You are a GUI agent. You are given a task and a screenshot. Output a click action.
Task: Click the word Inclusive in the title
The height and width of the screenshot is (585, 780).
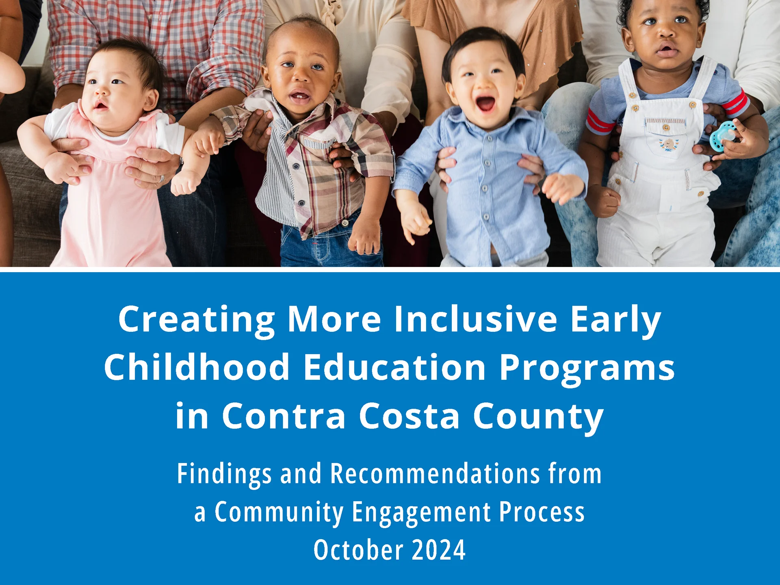475,319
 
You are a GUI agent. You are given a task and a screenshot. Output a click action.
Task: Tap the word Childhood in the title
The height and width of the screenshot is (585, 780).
197,367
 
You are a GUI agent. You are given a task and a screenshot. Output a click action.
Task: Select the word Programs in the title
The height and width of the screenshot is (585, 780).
587,368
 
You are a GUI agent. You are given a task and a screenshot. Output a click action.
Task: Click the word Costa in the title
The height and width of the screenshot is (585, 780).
409,416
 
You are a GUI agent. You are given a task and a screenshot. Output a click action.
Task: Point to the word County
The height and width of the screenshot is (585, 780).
538,417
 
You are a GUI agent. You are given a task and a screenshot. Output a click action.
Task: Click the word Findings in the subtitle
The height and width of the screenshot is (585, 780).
224,474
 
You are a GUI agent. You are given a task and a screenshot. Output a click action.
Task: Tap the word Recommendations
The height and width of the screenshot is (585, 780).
435,474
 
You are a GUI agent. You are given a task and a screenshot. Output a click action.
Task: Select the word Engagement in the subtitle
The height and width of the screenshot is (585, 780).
421,512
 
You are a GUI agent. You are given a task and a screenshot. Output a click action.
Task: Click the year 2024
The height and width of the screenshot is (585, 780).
439,550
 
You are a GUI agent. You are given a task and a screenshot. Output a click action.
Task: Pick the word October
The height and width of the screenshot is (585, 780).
358,550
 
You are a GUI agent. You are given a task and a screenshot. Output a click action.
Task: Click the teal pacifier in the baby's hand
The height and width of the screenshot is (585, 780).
723,136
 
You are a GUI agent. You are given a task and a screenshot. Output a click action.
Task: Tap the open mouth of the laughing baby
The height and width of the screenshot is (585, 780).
485,104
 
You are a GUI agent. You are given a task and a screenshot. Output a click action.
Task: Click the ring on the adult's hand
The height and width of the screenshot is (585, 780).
161,178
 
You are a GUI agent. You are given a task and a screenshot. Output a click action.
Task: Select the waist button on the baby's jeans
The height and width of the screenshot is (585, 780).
345,223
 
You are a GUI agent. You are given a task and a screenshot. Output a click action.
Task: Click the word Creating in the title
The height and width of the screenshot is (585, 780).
197,319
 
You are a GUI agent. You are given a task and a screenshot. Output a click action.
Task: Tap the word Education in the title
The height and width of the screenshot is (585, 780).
394,367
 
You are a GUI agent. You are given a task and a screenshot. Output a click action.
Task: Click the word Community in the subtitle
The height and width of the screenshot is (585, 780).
279,512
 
